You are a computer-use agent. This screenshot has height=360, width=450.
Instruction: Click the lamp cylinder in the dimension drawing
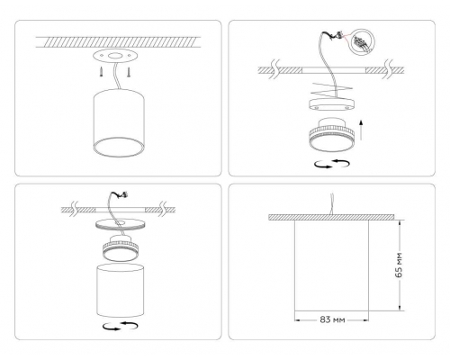(x=333, y=265)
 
